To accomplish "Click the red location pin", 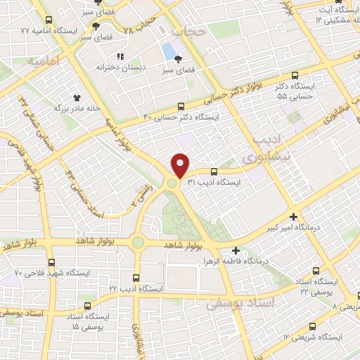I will click(x=181, y=165).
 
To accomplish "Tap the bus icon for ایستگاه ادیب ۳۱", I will click(x=214, y=171).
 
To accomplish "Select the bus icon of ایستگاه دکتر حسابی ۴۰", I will click(x=193, y=106).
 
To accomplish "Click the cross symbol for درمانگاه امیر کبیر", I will click(x=293, y=217).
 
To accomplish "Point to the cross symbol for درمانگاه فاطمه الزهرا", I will click(x=236, y=250).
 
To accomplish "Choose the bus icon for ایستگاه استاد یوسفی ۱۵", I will click(x=87, y=306).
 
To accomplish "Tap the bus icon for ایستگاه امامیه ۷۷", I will click(x=47, y=21).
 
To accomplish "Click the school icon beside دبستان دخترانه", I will click(x=120, y=56).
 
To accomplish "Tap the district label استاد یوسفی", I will click(x=235, y=304).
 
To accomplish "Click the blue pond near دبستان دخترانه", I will click(x=169, y=51).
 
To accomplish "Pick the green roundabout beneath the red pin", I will click(x=172, y=184).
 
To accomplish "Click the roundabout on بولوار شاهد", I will click(x=138, y=243).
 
